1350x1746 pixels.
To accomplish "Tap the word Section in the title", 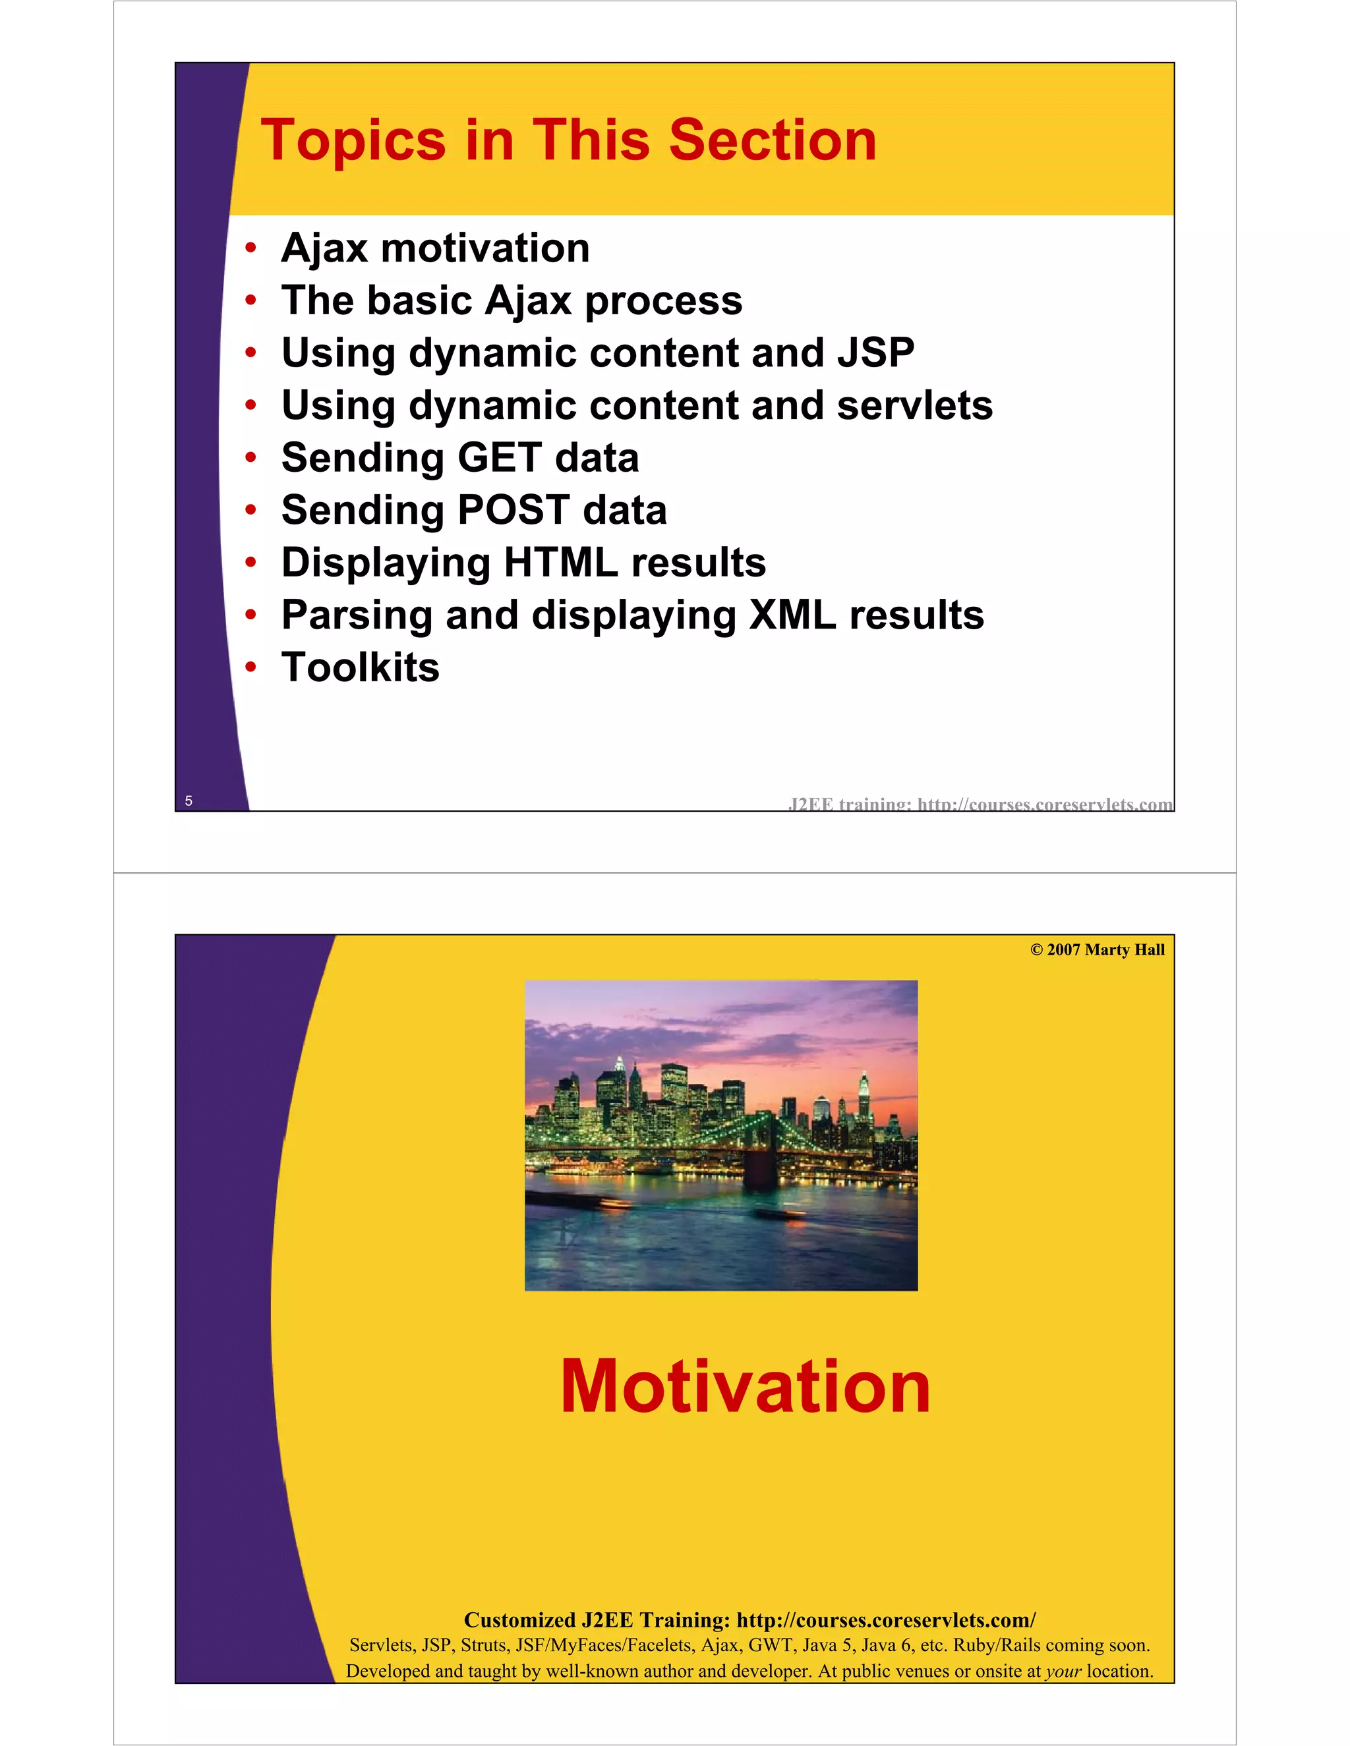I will [773, 141].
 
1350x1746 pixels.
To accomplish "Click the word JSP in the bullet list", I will [876, 352].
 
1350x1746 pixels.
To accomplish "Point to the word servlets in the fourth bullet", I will [914, 405].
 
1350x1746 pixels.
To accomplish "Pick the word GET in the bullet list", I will [499, 458].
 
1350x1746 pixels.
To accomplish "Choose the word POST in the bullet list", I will [513, 510].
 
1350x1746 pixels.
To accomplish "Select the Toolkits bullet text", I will [360, 667].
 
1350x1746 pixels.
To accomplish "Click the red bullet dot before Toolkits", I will [251, 667].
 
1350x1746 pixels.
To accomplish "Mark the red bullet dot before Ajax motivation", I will [251, 248].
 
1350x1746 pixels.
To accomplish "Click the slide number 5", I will [189, 801].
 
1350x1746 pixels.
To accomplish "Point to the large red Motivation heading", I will [745, 1388].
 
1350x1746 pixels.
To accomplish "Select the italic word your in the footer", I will [1063, 1672].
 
